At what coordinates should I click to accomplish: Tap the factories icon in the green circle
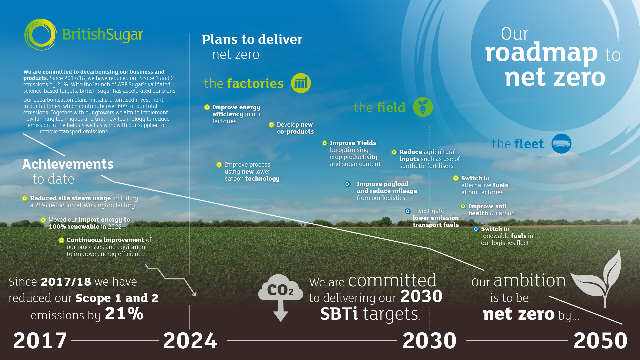click(x=301, y=83)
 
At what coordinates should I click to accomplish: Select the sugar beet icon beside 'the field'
click(x=423, y=107)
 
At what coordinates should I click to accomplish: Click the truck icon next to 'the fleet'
click(x=561, y=144)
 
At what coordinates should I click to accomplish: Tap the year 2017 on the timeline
click(x=40, y=341)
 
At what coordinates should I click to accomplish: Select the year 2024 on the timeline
click(x=190, y=341)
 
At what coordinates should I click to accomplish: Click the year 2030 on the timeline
click(x=429, y=341)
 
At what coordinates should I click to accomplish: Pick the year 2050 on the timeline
click(x=600, y=341)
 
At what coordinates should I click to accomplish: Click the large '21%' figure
click(x=124, y=314)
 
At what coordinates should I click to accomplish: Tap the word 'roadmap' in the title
click(x=541, y=53)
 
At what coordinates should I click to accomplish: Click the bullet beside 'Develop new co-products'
click(x=272, y=125)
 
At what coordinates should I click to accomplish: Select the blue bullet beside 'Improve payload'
click(x=347, y=184)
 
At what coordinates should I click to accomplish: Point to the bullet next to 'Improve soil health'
click(x=463, y=206)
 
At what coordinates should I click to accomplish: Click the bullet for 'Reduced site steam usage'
click(x=25, y=198)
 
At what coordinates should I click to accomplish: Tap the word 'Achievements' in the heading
click(x=68, y=164)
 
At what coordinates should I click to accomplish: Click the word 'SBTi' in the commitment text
click(x=339, y=314)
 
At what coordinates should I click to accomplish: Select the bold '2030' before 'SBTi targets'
click(x=421, y=296)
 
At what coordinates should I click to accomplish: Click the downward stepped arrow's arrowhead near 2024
click(x=194, y=293)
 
